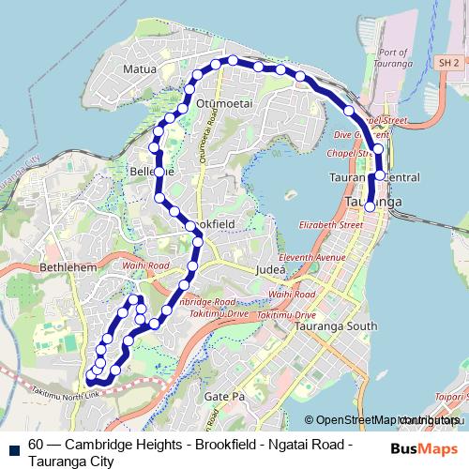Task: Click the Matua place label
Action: point(137,68)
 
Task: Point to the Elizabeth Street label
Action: point(330,226)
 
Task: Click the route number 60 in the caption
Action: point(36,446)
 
